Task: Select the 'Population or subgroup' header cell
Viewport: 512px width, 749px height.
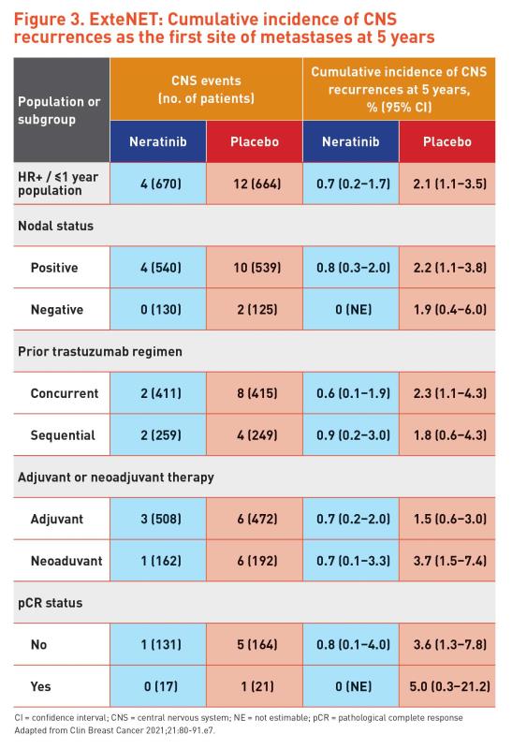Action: (x=62, y=110)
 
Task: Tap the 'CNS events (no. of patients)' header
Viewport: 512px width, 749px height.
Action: (x=206, y=89)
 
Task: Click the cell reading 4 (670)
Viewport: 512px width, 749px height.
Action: (x=158, y=184)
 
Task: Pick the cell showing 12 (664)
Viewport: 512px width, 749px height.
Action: (x=255, y=184)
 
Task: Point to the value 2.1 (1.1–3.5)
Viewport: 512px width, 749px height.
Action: (x=447, y=184)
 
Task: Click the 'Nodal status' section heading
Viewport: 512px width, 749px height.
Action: (x=56, y=226)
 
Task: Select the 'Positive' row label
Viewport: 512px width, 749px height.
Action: (x=54, y=268)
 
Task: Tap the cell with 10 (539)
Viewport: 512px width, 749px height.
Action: (x=255, y=268)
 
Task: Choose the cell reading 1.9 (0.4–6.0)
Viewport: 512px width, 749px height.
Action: (x=447, y=310)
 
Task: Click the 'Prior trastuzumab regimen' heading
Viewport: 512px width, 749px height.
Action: (x=100, y=352)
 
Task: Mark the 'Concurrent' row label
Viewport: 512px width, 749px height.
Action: (x=65, y=393)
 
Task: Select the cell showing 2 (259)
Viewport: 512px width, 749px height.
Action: (x=158, y=435)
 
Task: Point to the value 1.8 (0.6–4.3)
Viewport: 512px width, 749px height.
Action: (x=447, y=435)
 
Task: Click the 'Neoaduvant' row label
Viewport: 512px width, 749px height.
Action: (x=66, y=561)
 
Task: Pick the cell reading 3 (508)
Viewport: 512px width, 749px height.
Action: (x=158, y=519)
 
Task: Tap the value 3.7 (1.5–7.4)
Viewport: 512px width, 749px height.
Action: (x=447, y=561)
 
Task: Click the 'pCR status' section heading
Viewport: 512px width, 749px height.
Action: (x=51, y=603)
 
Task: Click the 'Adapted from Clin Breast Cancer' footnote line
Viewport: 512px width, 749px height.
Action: (x=114, y=730)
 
